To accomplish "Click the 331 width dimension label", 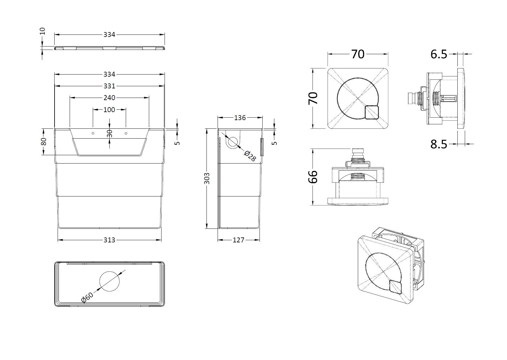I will click(x=109, y=86).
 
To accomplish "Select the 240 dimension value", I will click(x=109, y=98).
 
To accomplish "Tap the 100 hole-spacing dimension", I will click(x=109, y=110).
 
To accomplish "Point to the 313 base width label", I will click(x=109, y=240).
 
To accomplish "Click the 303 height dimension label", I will click(x=207, y=179).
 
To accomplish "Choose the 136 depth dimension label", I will click(x=240, y=118).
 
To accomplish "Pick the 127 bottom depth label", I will click(x=238, y=240).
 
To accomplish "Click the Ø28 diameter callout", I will click(x=250, y=156).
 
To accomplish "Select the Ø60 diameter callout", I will click(x=87, y=297).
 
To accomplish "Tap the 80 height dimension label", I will click(x=43, y=142).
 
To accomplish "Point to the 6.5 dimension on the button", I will click(x=439, y=55).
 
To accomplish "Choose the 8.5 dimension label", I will click(x=439, y=144).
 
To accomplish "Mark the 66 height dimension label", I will click(x=313, y=177).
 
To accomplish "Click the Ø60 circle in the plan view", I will click(x=109, y=281).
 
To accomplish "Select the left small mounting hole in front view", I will click(x=93, y=133).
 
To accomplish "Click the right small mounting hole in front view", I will click(x=126, y=133).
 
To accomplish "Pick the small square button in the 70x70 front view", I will click(x=372, y=112).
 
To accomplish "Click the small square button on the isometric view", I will click(x=396, y=287).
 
